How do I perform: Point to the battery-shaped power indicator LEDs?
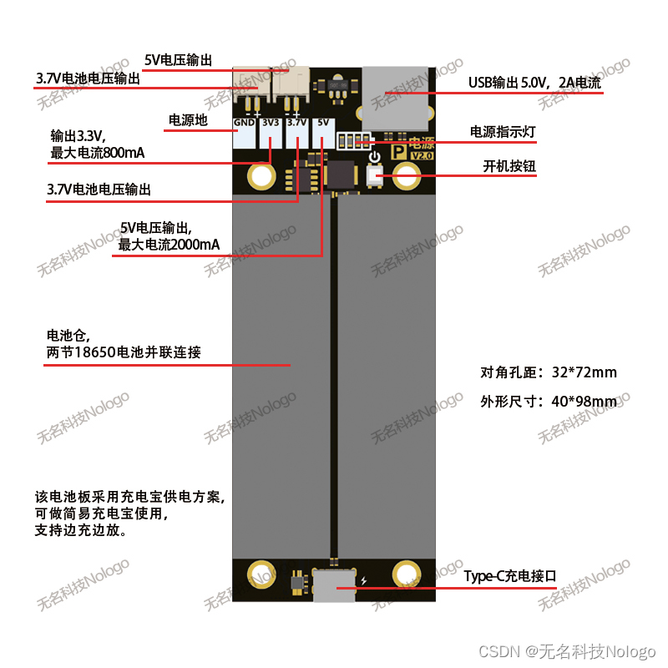click(352, 139)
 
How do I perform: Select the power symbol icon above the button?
click(374, 156)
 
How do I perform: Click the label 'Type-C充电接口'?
click(510, 576)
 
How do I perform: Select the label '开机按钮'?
click(509, 166)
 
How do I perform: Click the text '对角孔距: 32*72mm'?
click(549, 372)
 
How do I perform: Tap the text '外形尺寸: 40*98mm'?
click(549, 401)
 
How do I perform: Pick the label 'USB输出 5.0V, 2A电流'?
click(534, 83)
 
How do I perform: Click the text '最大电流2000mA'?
click(170, 245)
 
